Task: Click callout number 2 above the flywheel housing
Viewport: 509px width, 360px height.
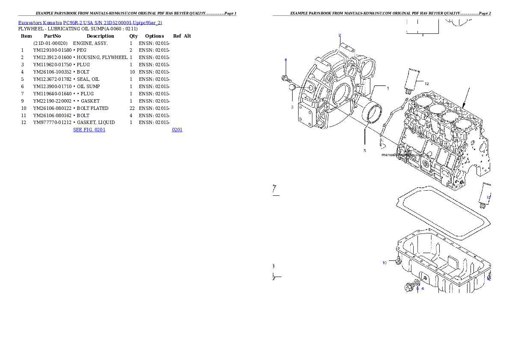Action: pos(340,35)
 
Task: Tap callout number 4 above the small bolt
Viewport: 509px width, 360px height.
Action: pos(286,59)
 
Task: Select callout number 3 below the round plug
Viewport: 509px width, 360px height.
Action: pos(292,107)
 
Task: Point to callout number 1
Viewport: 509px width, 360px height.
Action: pos(388,89)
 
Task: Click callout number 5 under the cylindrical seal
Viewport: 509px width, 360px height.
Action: pos(365,150)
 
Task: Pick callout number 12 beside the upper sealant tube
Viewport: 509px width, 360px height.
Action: pos(426,84)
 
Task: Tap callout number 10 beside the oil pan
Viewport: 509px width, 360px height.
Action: pos(385,263)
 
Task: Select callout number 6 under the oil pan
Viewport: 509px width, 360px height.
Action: pos(423,289)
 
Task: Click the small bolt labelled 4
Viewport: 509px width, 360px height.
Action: pos(286,79)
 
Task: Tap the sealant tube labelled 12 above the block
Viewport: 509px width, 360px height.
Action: pos(412,79)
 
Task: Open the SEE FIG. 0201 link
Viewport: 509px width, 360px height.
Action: pos(89,129)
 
